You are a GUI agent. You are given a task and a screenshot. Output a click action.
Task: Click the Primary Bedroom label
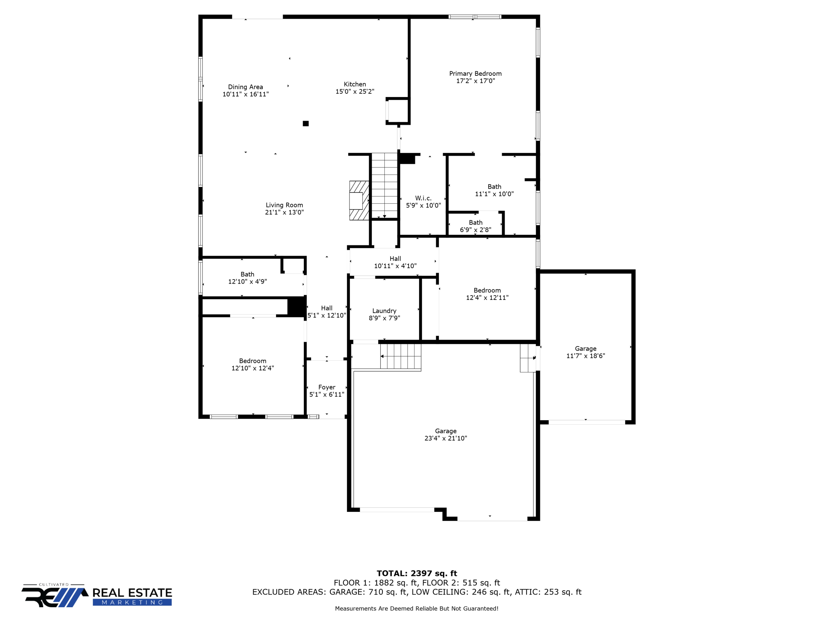(475, 74)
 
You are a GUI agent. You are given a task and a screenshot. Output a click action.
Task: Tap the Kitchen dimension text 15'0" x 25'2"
(355, 92)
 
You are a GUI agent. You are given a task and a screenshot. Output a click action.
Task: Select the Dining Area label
(245, 87)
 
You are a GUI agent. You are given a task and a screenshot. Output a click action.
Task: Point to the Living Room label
(284, 205)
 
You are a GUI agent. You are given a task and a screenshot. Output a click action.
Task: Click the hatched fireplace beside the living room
(359, 201)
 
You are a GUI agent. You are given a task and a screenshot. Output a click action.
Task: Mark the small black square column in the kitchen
(305, 123)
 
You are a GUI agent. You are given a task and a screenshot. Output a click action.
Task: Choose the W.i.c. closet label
(423, 198)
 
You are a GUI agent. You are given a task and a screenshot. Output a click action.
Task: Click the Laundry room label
(384, 311)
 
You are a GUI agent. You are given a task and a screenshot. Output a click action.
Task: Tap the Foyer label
(327, 387)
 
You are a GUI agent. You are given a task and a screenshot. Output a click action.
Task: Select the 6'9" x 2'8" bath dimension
(475, 230)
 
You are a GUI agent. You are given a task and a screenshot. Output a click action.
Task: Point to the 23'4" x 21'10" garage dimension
(446, 438)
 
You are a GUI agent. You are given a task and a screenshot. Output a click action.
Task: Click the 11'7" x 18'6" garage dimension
(586, 356)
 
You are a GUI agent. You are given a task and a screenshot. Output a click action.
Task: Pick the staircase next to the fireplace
(384, 185)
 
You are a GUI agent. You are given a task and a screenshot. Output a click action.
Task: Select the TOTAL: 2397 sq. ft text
(417, 573)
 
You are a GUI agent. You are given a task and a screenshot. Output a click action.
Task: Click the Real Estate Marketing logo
(97, 596)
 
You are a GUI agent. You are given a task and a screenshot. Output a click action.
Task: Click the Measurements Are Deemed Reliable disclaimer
(417, 608)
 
